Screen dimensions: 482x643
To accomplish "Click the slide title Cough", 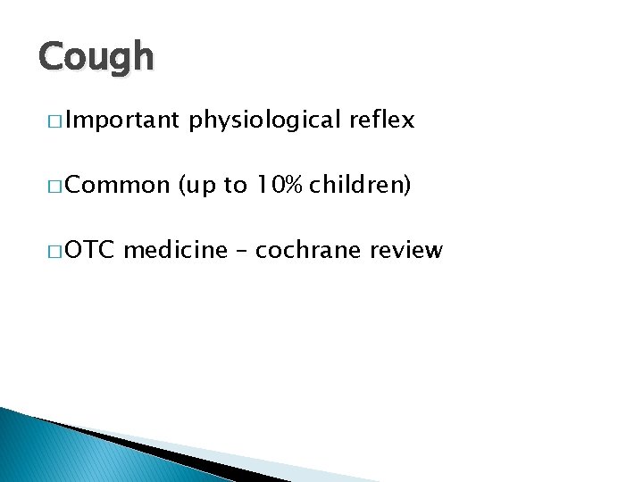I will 96,58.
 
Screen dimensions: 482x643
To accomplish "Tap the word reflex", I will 382,120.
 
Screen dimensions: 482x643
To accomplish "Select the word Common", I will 117,186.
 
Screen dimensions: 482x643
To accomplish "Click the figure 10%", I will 280,186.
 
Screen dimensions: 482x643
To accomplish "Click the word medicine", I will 176,250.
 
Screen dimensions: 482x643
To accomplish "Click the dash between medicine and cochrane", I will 242,251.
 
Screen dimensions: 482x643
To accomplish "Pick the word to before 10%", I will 235,186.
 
